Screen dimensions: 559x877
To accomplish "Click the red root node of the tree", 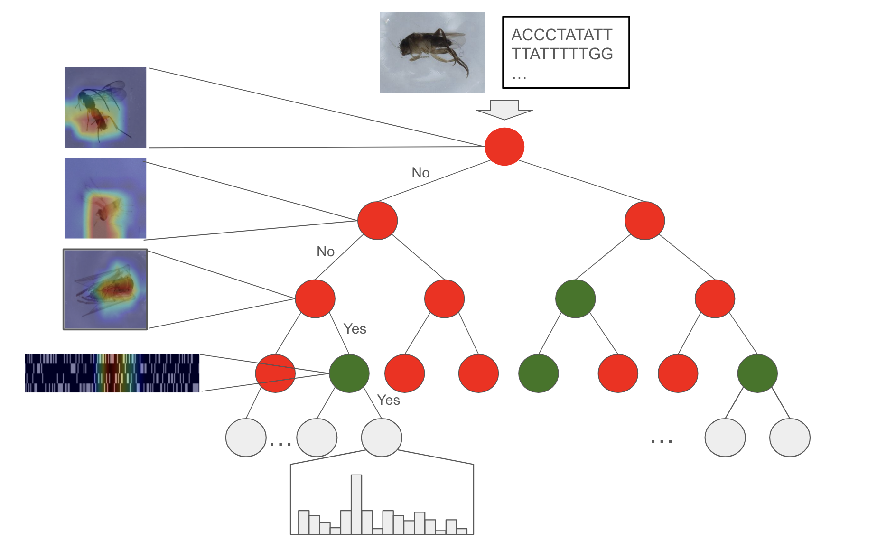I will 504,147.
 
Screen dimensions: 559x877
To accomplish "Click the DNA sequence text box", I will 566,53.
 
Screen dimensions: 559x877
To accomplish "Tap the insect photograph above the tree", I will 432,52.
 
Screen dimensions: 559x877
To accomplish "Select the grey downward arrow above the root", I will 504,110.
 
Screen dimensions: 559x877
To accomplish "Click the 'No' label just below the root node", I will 420,173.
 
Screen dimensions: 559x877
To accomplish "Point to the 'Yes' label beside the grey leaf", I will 389,400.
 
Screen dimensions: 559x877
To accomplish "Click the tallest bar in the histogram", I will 356,504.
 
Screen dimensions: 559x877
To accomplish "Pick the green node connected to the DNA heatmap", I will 349,373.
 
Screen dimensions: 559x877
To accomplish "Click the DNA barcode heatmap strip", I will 112,373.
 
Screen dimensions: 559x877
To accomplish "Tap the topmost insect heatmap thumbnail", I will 105,107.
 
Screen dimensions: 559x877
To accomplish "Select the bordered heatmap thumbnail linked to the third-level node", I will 105,289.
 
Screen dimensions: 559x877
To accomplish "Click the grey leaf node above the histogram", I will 382,438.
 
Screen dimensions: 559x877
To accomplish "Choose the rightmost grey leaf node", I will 790,438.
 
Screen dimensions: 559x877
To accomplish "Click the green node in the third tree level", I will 575,298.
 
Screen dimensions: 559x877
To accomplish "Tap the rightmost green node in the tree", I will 757,373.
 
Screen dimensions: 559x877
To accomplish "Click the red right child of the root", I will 644,221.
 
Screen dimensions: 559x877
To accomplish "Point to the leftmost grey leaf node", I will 246,438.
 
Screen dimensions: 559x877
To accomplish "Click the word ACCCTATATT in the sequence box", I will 562,35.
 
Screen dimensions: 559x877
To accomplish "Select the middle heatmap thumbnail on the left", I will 105,198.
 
